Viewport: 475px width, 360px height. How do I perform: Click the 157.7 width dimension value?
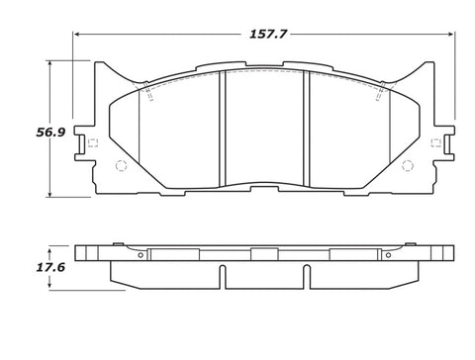click(268, 34)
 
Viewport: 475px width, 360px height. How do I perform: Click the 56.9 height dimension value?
click(50, 133)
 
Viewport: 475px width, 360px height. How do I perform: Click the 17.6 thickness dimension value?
click(50, 267)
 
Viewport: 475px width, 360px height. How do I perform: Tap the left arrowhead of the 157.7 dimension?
click(77, 34)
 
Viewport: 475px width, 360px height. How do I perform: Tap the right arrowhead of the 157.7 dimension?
click(450, 34)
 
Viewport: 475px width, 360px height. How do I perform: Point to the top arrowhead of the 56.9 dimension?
click(49, 64)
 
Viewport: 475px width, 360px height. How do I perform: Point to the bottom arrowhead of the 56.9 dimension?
click(49, 194)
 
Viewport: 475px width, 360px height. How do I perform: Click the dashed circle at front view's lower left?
click(122, 165)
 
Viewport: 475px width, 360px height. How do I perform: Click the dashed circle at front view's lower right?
click(408, 165)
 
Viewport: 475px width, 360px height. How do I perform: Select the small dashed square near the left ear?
click(93, 142)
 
